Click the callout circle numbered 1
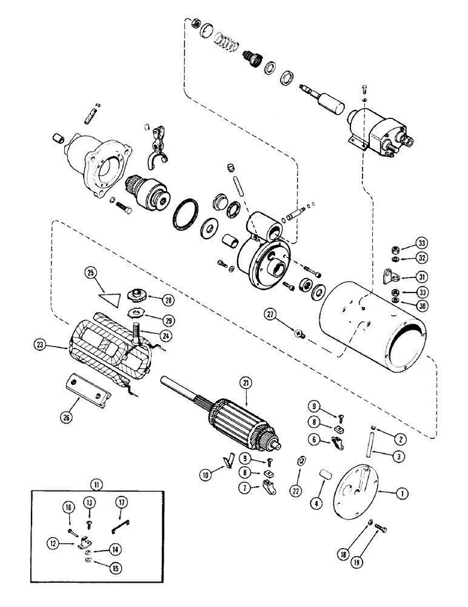[x=400, y=494]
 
